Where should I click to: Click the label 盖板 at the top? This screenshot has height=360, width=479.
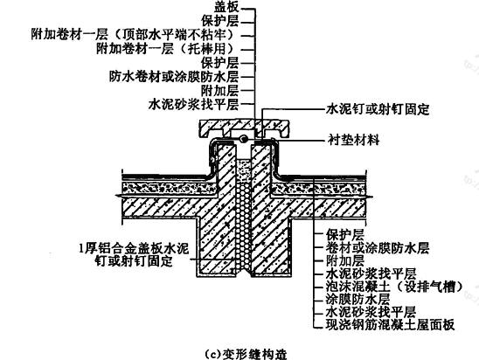coord(226,7)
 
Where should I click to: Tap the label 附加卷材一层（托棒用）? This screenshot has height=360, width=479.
coord(165,48)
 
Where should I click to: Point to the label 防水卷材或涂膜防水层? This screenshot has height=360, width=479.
coord(174,76)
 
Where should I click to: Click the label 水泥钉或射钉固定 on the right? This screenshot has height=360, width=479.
coord(378,109)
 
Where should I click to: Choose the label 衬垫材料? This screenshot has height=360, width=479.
coord(353,140)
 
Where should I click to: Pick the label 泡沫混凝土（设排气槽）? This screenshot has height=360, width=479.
coord(394,287)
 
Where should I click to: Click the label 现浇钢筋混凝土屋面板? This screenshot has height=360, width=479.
coord(390,325)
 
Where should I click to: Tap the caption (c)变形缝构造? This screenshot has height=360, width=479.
coord(246,354)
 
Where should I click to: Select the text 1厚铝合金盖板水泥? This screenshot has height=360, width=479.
coord(134,248)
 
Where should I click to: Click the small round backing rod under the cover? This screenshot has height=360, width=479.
coord(244,139)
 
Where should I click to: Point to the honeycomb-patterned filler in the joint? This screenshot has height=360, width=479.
coord(244,226)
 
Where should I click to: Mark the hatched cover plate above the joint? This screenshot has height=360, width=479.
coord(244,128)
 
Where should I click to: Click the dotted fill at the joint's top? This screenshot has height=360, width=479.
coord(244,171)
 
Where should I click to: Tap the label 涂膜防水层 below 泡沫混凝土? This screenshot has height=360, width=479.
coord(358,299)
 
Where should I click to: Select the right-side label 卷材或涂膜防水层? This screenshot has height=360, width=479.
coord(378,248)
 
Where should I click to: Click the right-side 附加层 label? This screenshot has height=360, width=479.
coord(345,260)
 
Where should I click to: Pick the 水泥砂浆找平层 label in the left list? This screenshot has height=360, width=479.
coord(193,105)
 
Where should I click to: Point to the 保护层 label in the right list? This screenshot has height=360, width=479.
coord(345,235)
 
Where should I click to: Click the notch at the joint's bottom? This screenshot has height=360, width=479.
coord(244,273)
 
